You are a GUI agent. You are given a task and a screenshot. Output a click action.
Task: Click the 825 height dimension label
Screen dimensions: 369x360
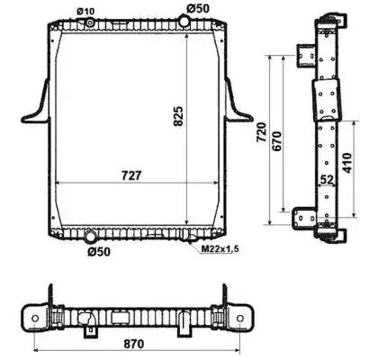(178, 116)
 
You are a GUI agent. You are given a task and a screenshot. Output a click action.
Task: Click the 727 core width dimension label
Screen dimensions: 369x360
(131, 175)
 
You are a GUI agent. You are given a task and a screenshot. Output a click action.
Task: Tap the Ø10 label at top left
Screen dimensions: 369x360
(85, 12)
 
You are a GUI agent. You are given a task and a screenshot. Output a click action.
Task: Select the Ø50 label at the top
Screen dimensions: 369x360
(198, 8)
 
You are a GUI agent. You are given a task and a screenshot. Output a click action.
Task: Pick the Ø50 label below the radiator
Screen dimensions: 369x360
(99, 252)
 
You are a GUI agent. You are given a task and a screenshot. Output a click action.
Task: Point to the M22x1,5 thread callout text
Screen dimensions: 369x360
(220, 248)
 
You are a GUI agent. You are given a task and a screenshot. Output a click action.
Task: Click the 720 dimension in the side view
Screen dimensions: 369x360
(261, 132)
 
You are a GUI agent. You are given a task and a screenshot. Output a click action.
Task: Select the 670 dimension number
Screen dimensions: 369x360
(276, 141)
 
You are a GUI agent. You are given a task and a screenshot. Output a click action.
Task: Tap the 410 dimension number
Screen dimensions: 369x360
(346, 163)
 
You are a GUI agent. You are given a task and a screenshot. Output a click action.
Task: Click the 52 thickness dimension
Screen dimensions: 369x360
(327, 180)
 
